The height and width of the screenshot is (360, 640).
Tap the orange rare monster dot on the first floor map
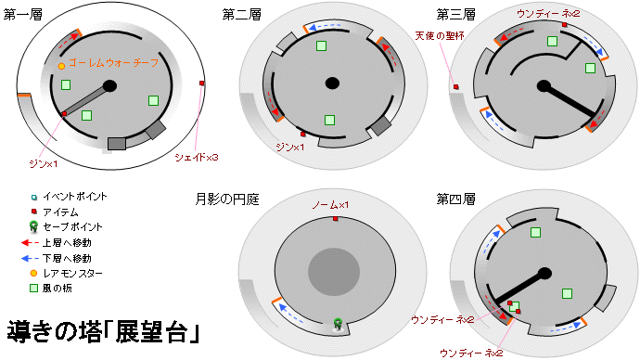(61, 67)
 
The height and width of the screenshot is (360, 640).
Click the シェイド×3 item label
(197, 158)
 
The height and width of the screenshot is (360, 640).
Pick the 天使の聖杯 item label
(440, 36)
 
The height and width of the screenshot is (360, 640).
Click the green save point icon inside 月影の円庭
(339, 324)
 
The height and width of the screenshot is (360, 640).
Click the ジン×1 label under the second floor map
(290, 147)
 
